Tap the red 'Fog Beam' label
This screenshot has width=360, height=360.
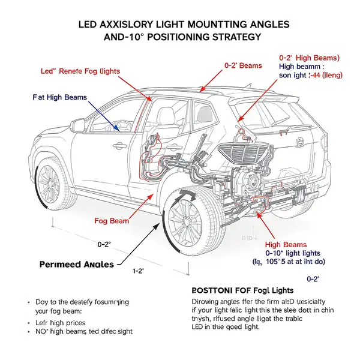pyautogui.click(x=112, y=221)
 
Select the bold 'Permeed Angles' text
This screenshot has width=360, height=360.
pyautogui.click(x=76, y=264)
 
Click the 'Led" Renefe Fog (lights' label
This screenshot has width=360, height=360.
pyautogui.click(x=80, y=71)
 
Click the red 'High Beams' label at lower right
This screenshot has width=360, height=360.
pyautogui.click(x=286, y=244)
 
